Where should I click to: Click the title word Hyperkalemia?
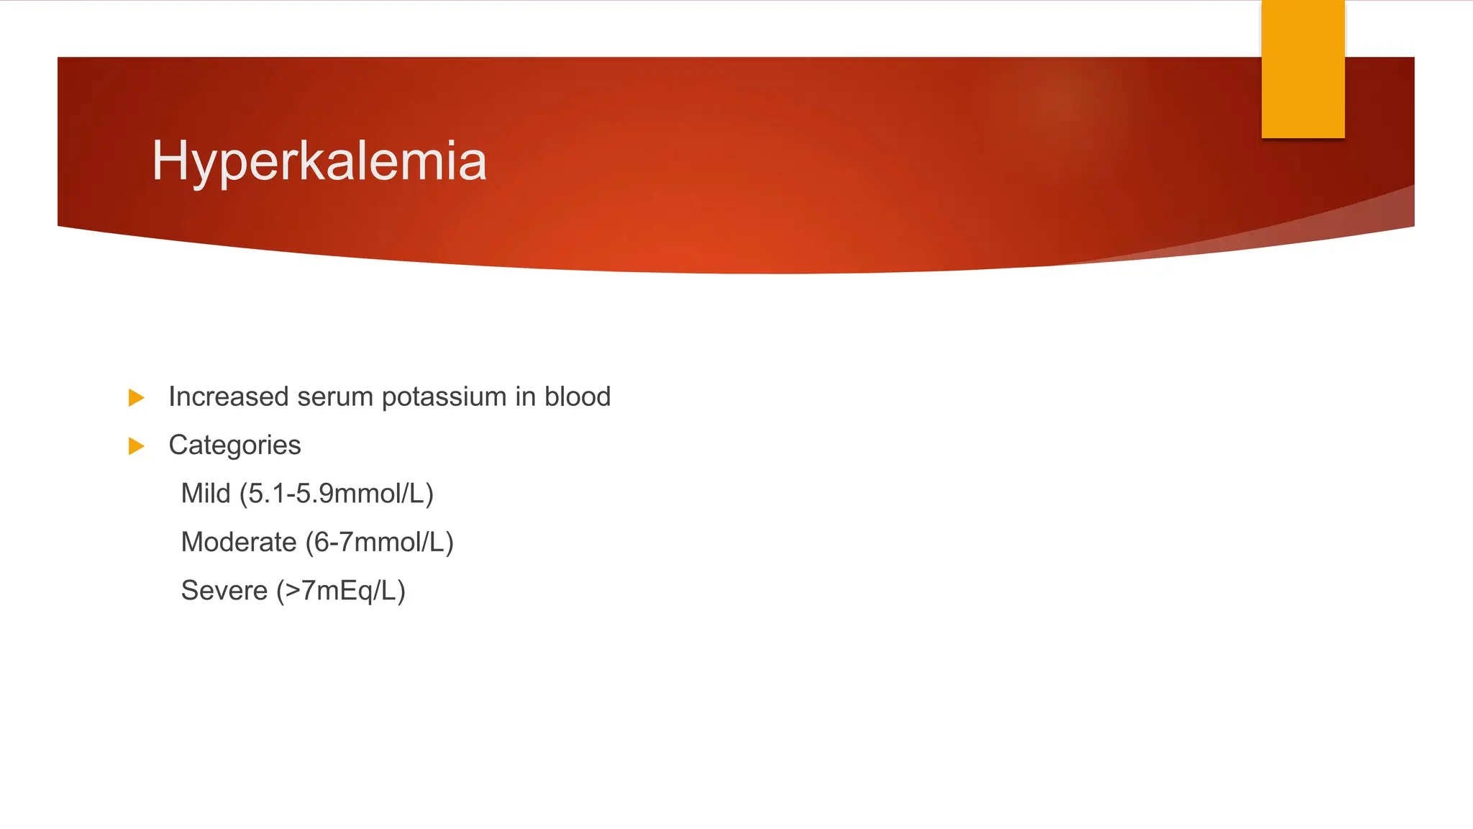tap(319, 161)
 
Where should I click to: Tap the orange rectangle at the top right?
tap(1303, 69)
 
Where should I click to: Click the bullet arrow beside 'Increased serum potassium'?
tap(136, 397)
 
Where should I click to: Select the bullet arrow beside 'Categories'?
tap(136, 446)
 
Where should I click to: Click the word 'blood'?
tap(578, 397)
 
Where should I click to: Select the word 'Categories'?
tap(234, 445)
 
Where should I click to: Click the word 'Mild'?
tap(206, 494)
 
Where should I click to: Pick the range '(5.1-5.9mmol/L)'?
tap(337, 494)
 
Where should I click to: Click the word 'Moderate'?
tap(239, 542)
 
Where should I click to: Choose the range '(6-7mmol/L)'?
tap(379, 542)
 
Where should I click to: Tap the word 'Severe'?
tap(224, 590)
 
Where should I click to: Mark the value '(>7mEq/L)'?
tap(341, 591)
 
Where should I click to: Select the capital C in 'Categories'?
tap(178, 445)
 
